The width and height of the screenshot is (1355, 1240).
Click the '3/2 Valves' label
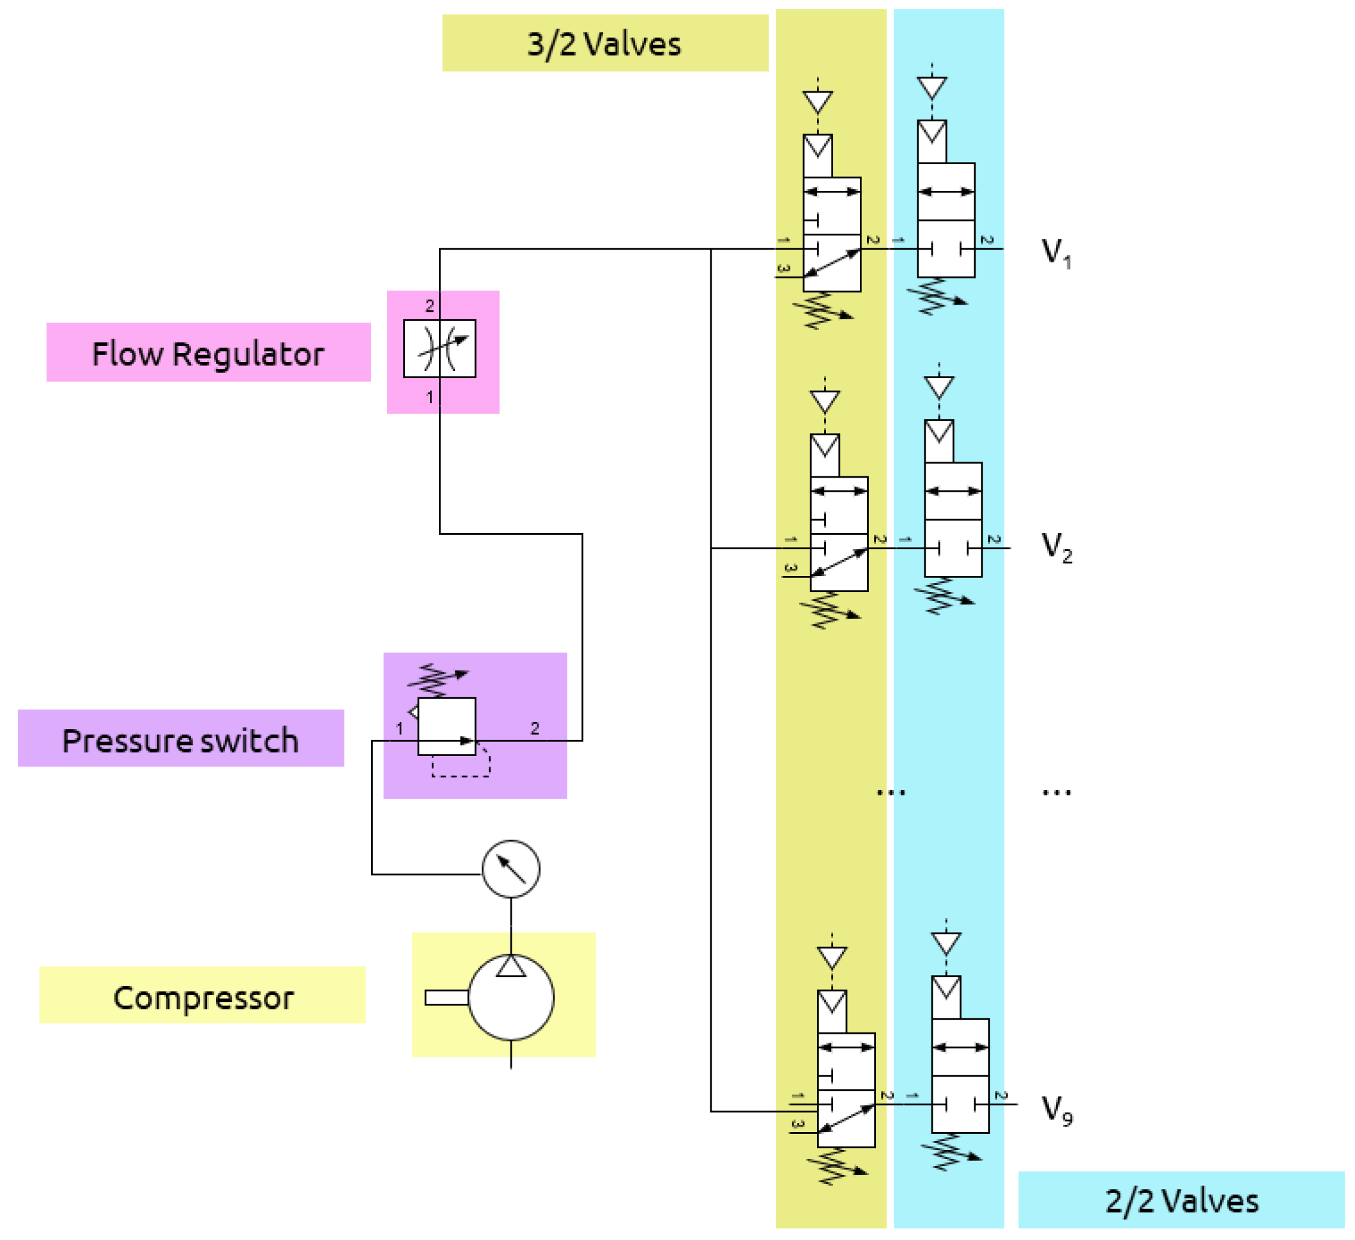604,43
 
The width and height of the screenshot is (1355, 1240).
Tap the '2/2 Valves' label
1181,1200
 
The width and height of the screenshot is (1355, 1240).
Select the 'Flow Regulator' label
208,353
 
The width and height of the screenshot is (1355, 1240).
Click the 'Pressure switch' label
180,740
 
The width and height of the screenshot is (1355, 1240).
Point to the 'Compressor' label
203,997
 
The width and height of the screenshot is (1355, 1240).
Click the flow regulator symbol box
440,349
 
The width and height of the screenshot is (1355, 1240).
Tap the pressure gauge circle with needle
511,869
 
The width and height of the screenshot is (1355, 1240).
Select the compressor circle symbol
511,997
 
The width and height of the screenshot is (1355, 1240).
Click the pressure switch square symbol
447,725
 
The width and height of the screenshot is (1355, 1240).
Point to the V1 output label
1056,253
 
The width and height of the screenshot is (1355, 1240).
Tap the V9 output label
1056,1109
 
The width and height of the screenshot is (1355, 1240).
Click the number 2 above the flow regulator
429,306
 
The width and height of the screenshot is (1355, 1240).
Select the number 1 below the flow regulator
429,397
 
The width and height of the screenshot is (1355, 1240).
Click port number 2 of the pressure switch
534,728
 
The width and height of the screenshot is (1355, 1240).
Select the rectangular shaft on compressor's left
447,997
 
